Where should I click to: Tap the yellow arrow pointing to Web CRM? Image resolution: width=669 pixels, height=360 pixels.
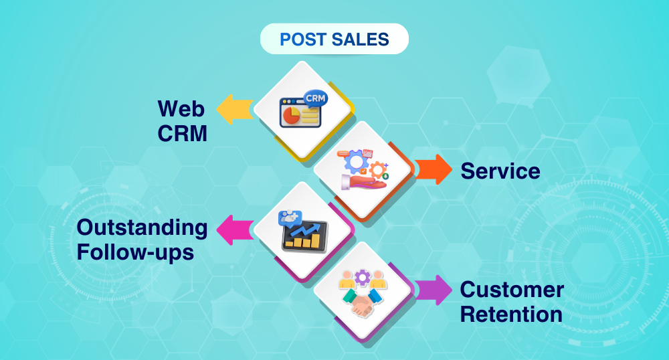coord(234,109)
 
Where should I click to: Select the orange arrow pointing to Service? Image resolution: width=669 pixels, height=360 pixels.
coord(434,169)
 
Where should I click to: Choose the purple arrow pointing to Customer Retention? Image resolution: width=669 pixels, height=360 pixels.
coord(434,290)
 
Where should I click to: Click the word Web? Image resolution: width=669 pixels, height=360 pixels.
coord(181,108)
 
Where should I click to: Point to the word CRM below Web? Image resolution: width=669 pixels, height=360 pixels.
coord(182,133)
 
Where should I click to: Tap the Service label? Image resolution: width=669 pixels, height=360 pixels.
coord(500,171)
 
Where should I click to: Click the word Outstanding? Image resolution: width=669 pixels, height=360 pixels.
coord(142,228)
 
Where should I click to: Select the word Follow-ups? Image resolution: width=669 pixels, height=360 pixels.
coord(136,252)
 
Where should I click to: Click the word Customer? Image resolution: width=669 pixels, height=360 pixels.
coord(512,290)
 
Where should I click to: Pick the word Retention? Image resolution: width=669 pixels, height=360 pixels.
coord(512,314)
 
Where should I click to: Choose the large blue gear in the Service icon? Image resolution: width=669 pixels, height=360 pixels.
coord(356,161)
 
